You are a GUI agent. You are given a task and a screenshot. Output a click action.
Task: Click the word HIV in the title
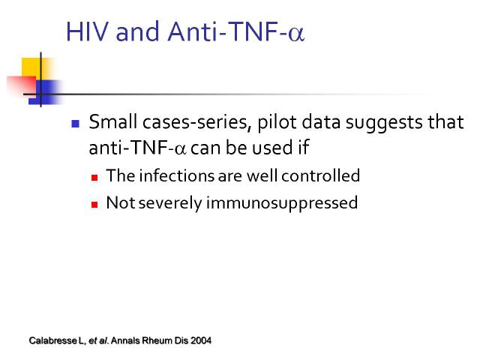coord(88,31)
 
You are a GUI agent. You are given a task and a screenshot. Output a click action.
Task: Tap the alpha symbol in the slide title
coord(296,34)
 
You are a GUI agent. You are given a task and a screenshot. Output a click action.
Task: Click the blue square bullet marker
coord(75,124)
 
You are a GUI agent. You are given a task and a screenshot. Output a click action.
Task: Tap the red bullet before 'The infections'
coord(94,178)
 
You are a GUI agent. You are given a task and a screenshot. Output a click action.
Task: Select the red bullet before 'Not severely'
coord(94,205)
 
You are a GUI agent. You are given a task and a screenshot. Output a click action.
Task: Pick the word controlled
coord(320,175)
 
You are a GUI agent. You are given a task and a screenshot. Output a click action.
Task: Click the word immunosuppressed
coord(282,203)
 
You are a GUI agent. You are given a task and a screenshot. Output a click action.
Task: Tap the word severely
coord(170,204)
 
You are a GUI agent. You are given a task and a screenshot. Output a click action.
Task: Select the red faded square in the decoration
coord(22,86)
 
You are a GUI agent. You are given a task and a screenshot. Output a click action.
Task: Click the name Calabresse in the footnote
coord(53,340)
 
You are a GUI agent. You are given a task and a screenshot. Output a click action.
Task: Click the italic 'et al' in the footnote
coord(98,340)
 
